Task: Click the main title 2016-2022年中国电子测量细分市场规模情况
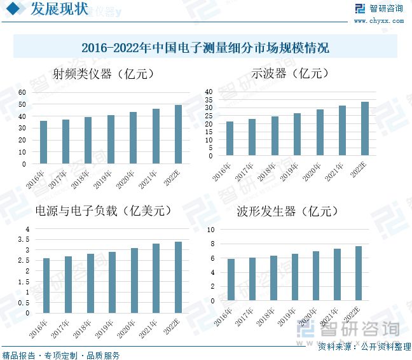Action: [x=205, y=48]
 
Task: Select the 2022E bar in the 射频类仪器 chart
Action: [x=178, y=134]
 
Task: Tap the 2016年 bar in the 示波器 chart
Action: [x=230, y=139]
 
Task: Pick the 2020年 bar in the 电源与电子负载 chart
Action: [x=134, y=280]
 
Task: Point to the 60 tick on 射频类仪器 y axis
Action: [x=22, y=93]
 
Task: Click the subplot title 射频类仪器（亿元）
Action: [x=102, y=74]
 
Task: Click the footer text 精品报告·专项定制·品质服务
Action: [x=61, y=355]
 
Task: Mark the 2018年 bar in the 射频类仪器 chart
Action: [x=88, y=141]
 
